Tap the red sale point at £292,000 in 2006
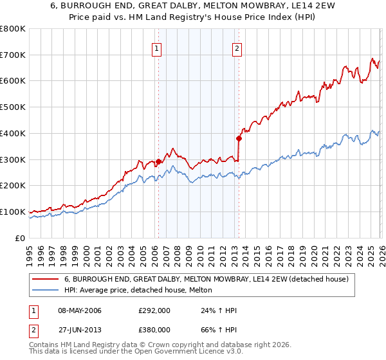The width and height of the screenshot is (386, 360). (158, 161)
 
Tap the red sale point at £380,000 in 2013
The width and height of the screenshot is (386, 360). (239, 138)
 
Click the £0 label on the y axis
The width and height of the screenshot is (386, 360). (20, 238)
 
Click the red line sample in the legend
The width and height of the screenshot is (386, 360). (46, 279)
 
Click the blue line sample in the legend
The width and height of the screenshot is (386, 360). (46, 290)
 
